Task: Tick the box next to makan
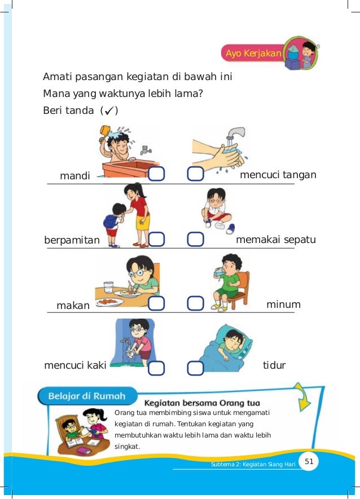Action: coord(157,303)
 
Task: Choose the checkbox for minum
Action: coord(195,303)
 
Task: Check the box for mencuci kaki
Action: coord(157,368)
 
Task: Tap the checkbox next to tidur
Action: coord(195,368)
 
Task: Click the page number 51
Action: coord(309,462)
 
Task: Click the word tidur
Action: coord(274,365)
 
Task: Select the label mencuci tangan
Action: coord(278,175)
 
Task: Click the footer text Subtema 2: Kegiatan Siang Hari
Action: coord(249,464)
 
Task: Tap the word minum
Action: coord(283,304)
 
